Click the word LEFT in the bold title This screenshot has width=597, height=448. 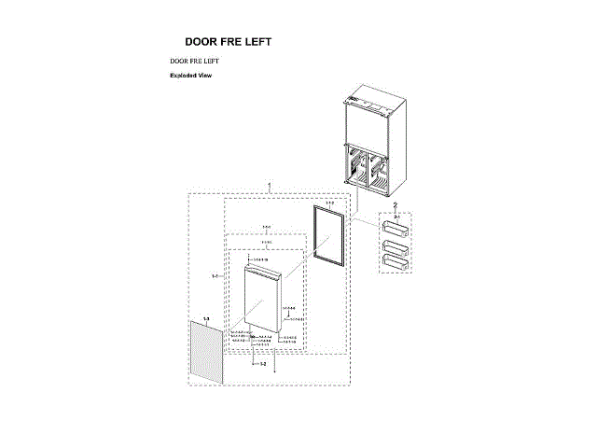point(257,42)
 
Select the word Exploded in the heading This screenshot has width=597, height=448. point(183,75)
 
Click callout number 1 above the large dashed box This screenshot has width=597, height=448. point(270,187)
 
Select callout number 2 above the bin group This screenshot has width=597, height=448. point(395,204)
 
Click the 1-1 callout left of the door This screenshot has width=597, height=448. point(215,277)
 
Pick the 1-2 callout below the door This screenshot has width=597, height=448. point(263,363)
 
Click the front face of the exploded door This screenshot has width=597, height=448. point(263,299)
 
